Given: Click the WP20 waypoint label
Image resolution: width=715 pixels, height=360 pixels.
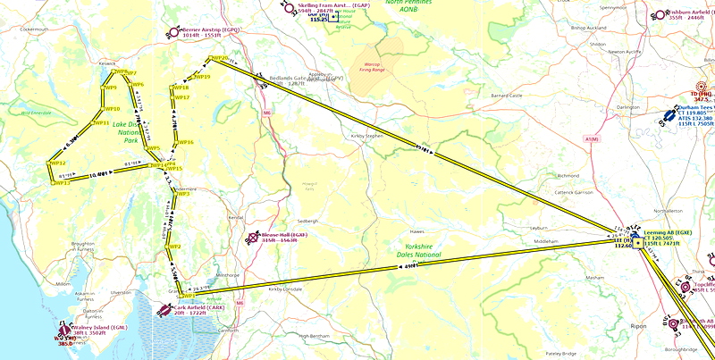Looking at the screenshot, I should (217, 59).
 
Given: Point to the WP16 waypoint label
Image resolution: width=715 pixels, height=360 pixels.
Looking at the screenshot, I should (186, 142).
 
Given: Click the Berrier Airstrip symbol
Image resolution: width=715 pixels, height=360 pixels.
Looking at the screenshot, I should (174, 32).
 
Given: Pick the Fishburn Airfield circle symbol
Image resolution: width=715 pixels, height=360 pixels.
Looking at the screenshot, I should (660, 14).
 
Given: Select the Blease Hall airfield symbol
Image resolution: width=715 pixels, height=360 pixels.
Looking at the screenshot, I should (254, 239).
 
